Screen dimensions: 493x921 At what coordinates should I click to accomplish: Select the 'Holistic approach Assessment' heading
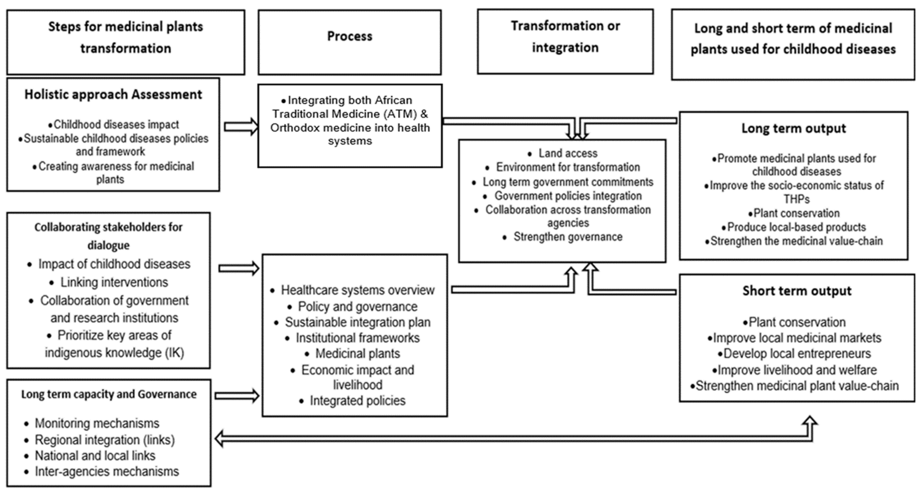point(113,94)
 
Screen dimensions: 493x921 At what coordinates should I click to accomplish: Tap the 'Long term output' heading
point(793,128)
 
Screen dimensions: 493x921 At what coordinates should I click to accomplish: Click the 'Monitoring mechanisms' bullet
point(97,423)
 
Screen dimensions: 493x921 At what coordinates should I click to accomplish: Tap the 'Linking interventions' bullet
point(114,282)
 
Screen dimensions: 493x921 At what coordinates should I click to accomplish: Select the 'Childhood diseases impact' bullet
point(116,124)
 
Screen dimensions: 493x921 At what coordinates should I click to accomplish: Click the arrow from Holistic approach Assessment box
point(241,127)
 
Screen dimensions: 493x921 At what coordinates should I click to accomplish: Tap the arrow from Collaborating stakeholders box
point(239,268)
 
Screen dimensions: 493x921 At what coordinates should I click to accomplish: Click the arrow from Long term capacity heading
point(237,395)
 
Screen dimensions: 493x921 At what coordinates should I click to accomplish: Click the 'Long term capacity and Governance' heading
point(109,394)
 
